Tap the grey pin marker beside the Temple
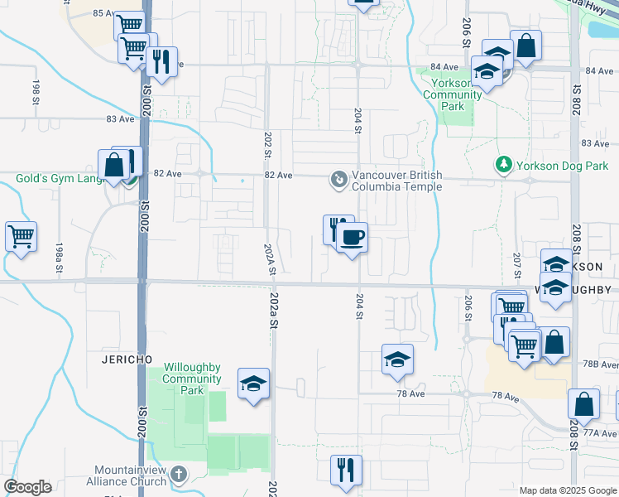point(338,179)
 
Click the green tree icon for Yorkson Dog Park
point(503,165)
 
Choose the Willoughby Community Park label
point(192,379)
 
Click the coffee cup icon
point(352,238)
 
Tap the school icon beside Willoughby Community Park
point(253,384)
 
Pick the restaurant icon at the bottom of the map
point(346,470)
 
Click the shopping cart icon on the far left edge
point(21,236)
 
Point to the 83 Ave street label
point(120,118)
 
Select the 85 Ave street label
point(104,13)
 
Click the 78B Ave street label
point(601,364)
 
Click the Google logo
point(27,487)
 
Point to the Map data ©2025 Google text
point(568,490)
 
